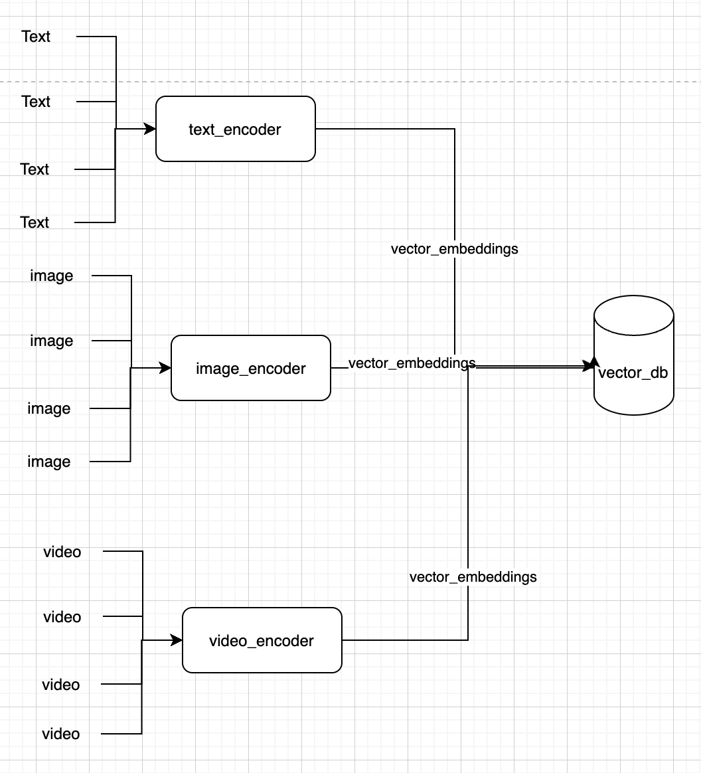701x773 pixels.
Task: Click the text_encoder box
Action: coord(235,129)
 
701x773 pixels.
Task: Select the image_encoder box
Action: coord(250,368)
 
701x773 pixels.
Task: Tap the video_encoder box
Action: coord(262,640)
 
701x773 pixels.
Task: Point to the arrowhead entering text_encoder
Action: coord(150,129)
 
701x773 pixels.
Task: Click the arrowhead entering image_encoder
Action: coord(166,368)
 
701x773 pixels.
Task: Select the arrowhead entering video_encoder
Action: coord(177,640)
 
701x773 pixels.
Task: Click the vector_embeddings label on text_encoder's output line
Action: coord(454,249)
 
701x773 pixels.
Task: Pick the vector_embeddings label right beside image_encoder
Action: coord(412,363)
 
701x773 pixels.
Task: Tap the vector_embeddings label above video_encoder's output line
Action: coord(473,576)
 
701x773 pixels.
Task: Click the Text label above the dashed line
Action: coord(36,37)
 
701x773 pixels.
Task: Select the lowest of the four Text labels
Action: coord(35,222)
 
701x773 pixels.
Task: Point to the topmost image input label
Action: coord(51,276)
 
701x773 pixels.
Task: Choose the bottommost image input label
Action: coord(48,462)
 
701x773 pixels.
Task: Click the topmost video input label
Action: coord(62,552)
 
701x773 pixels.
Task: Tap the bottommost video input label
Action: coord(60,734)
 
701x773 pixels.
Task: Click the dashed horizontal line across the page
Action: coord(398,82)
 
